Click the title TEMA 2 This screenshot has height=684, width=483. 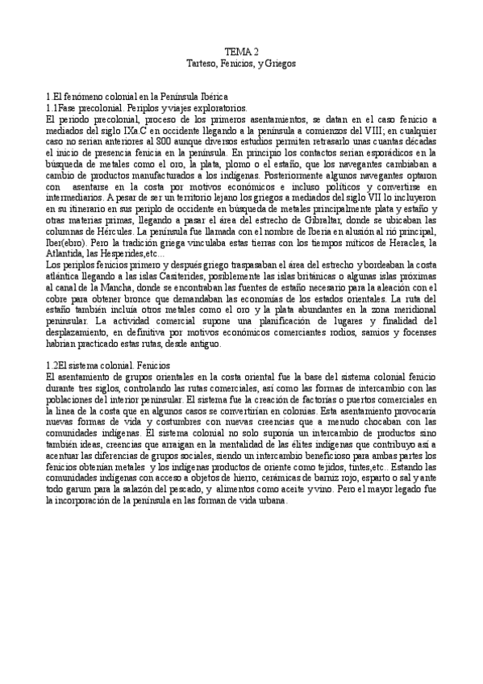[241, 51]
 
